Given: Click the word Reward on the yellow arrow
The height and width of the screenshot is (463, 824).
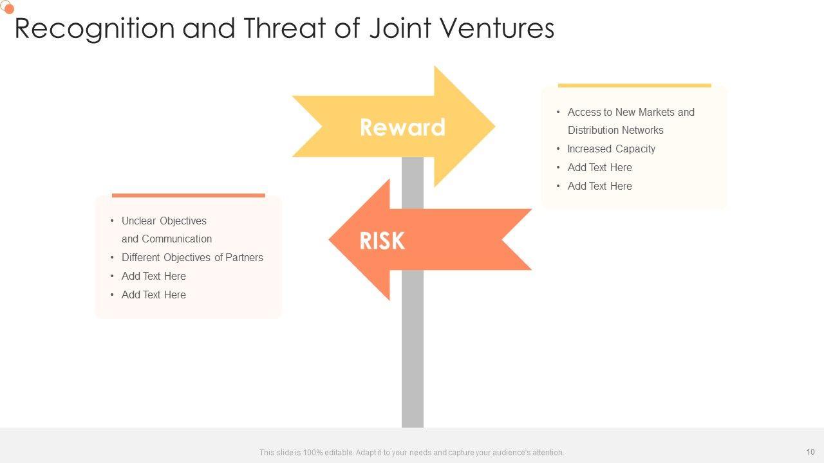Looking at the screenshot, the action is pos(402,127).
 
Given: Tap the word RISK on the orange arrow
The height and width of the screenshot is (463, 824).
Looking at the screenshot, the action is pos(382,241).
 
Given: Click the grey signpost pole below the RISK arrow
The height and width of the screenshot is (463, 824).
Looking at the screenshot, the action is pos(413,347).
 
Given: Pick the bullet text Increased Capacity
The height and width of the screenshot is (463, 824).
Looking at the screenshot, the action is pos(611,149).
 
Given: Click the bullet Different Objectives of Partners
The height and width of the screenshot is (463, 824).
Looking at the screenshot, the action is pos(192,257).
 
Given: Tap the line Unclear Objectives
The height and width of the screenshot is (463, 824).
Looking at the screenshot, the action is pos(164,221).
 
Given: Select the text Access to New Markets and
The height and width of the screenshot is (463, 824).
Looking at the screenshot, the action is pos(631,112).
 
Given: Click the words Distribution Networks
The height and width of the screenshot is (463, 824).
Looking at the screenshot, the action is pos(615,130).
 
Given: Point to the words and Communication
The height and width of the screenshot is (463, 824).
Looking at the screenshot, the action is pos(166,239).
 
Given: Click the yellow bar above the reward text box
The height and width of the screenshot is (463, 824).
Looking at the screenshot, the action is pos(634,85).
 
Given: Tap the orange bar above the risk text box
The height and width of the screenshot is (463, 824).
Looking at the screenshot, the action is pos(188,195).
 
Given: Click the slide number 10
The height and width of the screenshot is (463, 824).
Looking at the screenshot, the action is pos(810,451).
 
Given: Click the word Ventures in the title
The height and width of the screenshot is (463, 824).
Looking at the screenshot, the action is pos(494,28).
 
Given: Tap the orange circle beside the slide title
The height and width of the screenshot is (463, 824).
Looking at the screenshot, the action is pos(9,9).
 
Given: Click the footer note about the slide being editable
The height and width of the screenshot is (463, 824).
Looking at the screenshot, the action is pos(411,453).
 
